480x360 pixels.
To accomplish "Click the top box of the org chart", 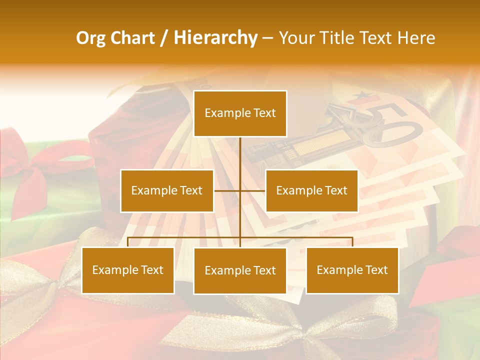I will point(240,113).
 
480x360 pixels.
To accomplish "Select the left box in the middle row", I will point(166,190).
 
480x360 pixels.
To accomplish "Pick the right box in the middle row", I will point(311,190).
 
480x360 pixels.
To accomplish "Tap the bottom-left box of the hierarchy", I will point(128,270).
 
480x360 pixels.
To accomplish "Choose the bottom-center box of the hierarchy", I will point(240,271).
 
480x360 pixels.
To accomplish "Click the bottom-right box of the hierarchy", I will point(352,270).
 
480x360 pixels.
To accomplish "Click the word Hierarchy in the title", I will point(215,38).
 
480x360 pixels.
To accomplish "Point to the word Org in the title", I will point(90,38).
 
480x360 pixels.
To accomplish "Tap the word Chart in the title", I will point(132,38).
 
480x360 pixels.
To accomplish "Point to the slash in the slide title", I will point(164,38).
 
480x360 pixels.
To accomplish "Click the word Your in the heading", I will point(297,38).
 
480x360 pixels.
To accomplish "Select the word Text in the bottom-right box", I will point(376,270).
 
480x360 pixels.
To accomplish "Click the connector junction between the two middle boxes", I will point(240,190).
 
